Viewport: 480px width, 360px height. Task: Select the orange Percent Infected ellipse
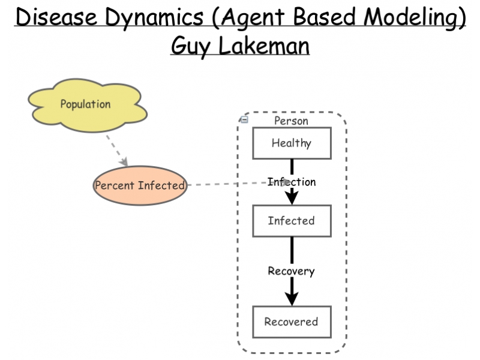pos(140,185)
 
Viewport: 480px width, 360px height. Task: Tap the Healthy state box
pos(291,143)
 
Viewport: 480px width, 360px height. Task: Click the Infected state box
pos(291,221)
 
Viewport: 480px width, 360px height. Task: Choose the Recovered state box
pos(291,321)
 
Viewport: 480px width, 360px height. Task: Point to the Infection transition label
pos(292,182)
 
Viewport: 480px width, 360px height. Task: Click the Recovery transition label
pos(291,271)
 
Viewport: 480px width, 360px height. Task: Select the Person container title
pos(291,121)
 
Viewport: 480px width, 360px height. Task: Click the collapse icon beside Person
pos(244,119)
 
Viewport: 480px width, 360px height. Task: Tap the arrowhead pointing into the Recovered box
pos(291,298)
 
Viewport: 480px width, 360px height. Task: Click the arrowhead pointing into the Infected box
pos(291,197)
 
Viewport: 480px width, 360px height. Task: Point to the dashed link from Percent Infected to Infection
pos(228,184)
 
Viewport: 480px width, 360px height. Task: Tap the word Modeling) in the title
pos(415,18)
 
